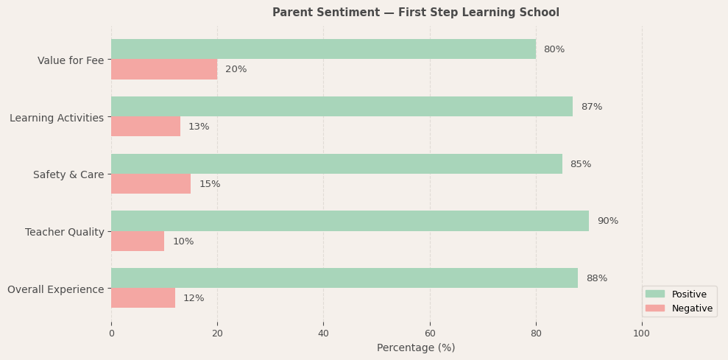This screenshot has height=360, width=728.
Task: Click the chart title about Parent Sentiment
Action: pyautogui.click(x=415, y=13)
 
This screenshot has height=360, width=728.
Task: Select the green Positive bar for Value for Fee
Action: pyautogui.click(x=323, y=49)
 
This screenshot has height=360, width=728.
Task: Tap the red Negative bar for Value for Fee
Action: pyautogui.click(x=164, y=69)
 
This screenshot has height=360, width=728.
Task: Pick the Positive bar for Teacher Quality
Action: pyautogui.click(x=350, y=221)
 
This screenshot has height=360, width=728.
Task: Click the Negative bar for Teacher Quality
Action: pyautogui.click(x=138, y=241)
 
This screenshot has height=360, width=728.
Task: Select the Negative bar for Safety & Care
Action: pyautogui.click(x=151, y=184)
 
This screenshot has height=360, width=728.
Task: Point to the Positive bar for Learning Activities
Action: pyautogui.click(x=342, y=107)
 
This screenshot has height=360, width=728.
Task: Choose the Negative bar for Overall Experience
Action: pyautogui.click(x=143, y=298)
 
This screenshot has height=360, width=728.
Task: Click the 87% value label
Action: pyautogui.click(x=591, y=107)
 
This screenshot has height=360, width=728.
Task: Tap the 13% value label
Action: pyautogui.click(x=199, y=127)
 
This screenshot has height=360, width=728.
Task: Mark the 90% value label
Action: pyautogui.click(x=607, y=221)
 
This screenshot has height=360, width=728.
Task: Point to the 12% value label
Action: pyautogui.click(x=194, y=298)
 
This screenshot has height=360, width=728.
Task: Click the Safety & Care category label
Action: pyautogui.click(x=68, y=174)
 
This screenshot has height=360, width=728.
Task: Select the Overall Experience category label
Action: pyautogui.click(x=56, y=289)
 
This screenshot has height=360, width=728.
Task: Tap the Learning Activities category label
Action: pyautogui.click(x=57, y=118)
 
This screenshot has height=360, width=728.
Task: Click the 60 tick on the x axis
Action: pyautogui.click(x=430, y=333)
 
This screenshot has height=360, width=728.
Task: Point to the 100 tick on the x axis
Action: pyautogui.click(x=642, y=333)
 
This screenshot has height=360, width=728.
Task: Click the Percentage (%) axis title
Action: pyautogui.click(x=416, y=347)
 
